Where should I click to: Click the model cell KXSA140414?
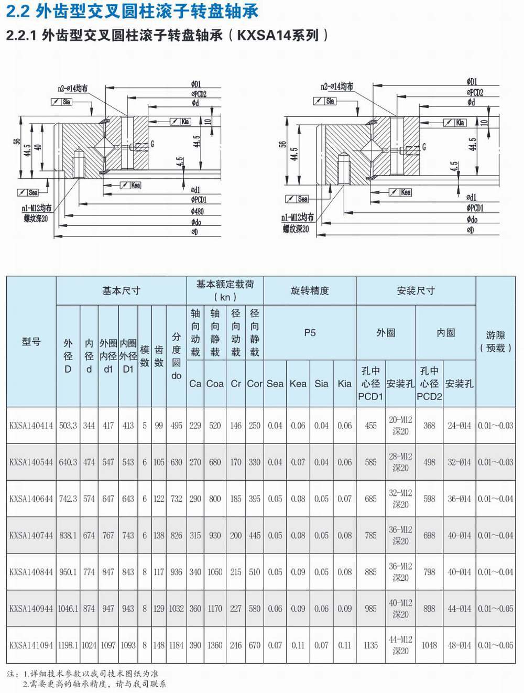click(x=31, y=426)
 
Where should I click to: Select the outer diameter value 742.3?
click(x=68, y=499)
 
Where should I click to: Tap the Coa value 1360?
click(x=215, y=645)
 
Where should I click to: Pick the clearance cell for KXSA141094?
click(x=495, y=645)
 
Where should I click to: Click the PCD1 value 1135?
click(x=370, y=645)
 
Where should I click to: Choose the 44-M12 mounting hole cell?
click(x=400, y=645)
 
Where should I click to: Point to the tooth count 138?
click(x=159, y=536)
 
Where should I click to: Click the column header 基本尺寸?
click(x=121, y=290)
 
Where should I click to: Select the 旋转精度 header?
click(x=310, y=290)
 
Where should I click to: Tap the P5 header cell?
click(x=310, y=332)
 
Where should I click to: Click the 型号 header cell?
click(x=31, y=341)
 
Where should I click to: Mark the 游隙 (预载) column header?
click(x=495, y=341)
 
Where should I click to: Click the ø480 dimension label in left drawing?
click(x=198, y=211)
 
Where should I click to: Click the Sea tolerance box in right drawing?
click(x=299, y=199)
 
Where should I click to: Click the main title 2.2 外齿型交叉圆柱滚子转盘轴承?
click(x=132, y=11)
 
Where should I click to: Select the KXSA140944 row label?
click(x=31, y=609)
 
